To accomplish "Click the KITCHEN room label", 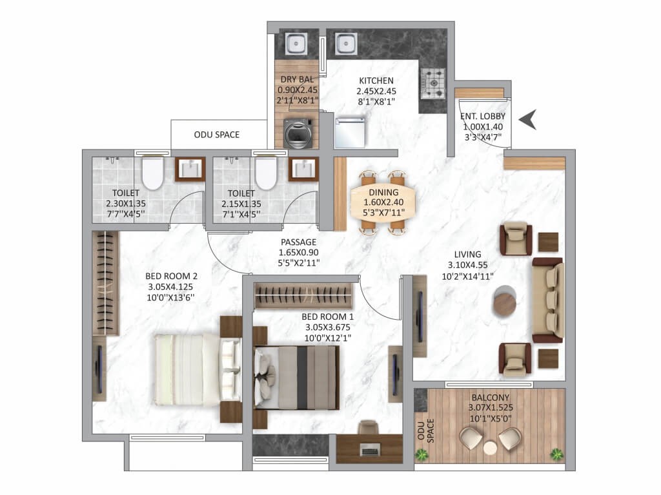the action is [376, 81].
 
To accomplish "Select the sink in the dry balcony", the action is [296, 43].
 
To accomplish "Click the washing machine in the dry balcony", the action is [298, 133].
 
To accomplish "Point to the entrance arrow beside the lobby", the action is [527, 119].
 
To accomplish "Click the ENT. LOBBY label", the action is [483, 116].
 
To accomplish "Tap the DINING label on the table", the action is [383, 192].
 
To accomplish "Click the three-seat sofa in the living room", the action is [547, 300].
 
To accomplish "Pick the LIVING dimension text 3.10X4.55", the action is [467, 265].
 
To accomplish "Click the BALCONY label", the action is [491, 397].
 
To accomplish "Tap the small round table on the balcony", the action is [490, 448].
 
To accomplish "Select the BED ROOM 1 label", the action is [327, 316].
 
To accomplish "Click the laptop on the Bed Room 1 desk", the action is [370, 449].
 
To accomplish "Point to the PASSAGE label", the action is [298, 242].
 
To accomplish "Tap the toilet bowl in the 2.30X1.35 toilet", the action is [152, 173].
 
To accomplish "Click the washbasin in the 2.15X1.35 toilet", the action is [303, 170].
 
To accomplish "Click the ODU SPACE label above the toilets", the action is [217, 135].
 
